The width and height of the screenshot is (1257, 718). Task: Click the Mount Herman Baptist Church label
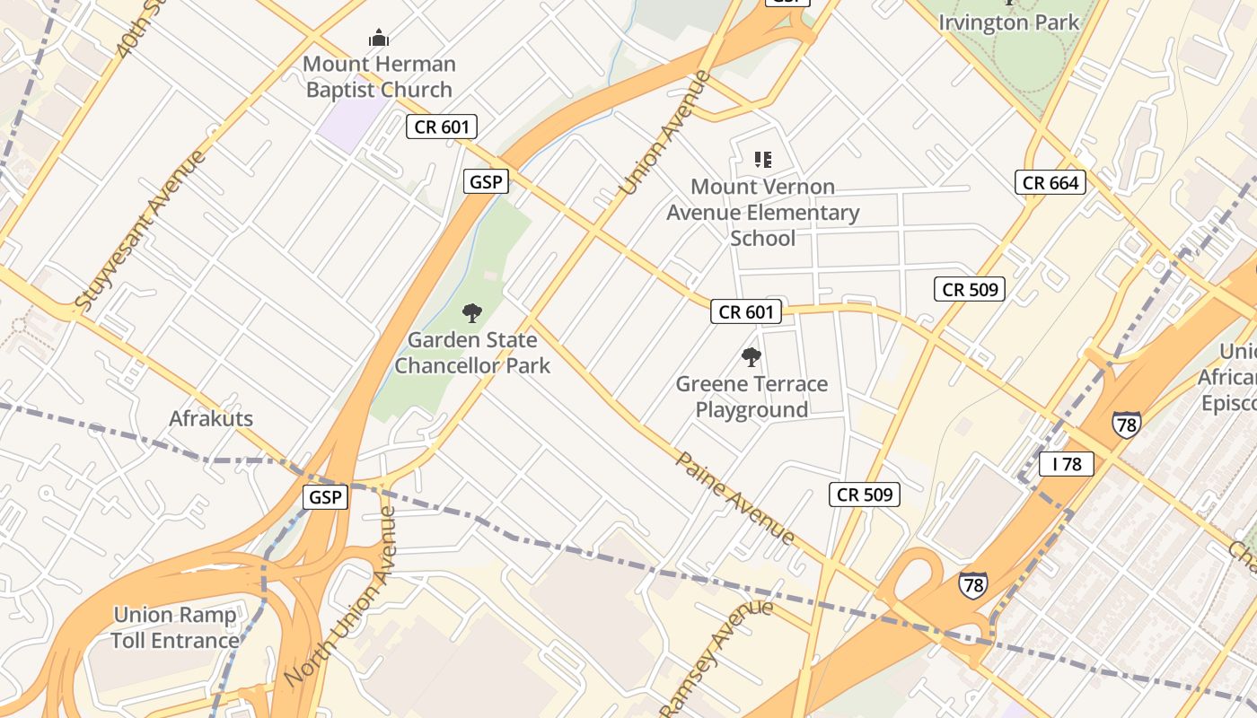(379, 77)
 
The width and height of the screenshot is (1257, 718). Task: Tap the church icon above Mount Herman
(379, 38)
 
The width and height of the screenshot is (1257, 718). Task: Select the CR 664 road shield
(1050, 183)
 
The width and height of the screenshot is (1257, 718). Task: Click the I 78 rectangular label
(1066, 464)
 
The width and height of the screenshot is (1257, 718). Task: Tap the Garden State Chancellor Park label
(472, 353)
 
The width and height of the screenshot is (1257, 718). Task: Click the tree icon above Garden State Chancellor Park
(472, 313)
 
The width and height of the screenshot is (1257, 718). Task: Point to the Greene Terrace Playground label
(752, 397)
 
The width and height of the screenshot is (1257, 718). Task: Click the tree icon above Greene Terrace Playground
(752, 357)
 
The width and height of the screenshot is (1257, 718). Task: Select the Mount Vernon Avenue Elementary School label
(762, 213)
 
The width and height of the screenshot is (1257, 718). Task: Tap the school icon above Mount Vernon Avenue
(762, 160)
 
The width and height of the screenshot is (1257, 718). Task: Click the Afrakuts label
(211, 418)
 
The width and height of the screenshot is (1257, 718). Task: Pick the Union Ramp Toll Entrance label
(175, 627)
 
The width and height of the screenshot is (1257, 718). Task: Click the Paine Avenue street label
(734, 498)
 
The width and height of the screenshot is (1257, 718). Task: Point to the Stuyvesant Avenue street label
(141, 231)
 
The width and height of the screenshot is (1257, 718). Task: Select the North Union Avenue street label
(340, 597)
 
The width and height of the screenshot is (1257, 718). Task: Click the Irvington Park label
(1008, 22)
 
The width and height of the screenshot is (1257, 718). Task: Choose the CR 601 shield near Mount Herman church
(441, 127)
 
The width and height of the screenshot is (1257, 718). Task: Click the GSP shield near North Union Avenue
(324, 497)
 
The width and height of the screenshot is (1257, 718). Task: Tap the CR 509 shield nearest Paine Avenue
(863, 495)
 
